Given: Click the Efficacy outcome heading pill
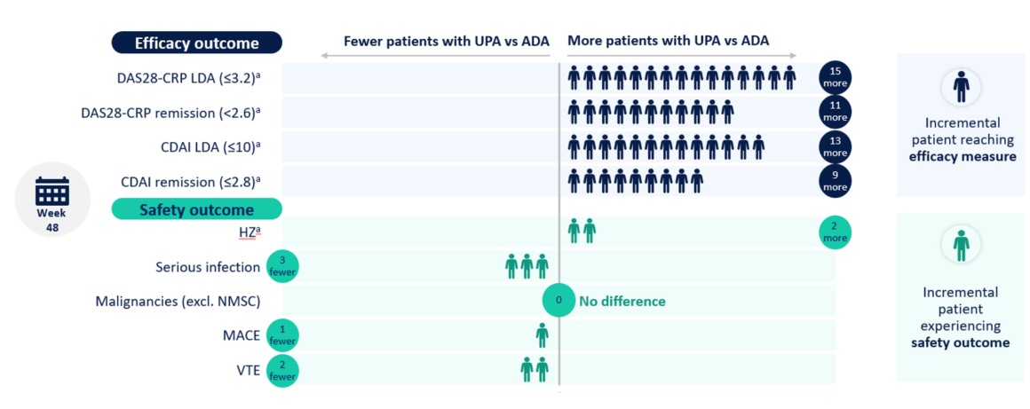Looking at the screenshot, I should pos(196,43).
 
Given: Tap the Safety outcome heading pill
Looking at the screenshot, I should pos(196,209).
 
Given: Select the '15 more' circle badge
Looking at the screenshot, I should pos(835,77).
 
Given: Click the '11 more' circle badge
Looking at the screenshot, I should pos(835,112).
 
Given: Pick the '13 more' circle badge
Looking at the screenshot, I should pos(835,146).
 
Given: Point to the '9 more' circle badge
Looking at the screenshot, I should pos(835,180).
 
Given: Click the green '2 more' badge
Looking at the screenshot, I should pos(835,232).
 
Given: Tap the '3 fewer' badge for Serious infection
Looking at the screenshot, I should pos(281,265).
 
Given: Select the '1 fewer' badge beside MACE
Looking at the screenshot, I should pos(281,335).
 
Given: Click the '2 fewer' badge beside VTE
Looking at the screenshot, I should pos(281,370).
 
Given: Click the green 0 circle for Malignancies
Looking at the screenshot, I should pos(559,301).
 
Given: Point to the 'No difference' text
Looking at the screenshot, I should pos(622,301).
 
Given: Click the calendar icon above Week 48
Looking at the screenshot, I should pos(51,191).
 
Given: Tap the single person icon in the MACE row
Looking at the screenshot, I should pos(542,335).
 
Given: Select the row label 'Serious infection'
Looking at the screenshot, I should pos(207,266).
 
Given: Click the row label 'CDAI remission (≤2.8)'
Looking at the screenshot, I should pos(190,182).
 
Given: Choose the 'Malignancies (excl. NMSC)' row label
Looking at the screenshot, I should pos(178,302).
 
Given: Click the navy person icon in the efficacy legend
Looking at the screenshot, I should pos(961,86).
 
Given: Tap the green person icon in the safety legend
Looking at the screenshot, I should pos(961,244).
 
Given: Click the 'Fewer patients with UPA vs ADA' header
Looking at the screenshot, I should pos(447,41).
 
